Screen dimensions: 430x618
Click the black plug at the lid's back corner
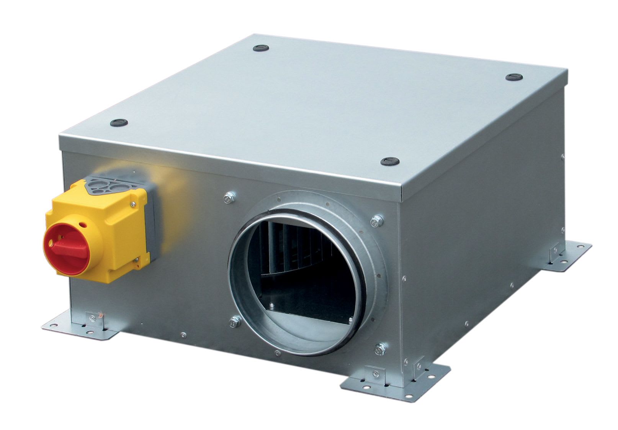pyautogui.click(x=261, y=48)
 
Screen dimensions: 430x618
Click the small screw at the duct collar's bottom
pyautogui.click(x=277, y=353)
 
